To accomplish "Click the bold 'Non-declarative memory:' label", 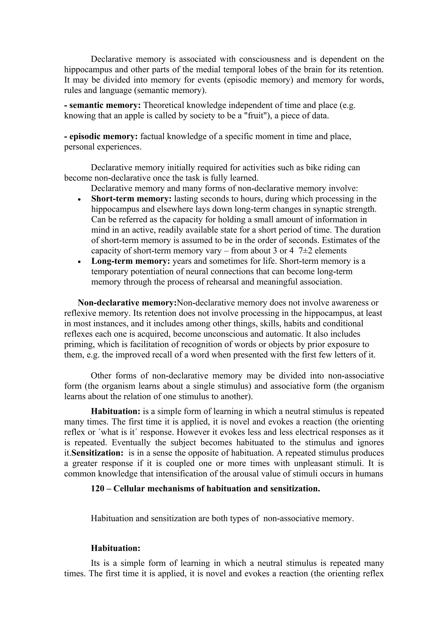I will pos(127,303).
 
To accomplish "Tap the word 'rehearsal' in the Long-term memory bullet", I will pos(236,282).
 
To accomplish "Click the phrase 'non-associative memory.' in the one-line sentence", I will pos(308,518).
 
